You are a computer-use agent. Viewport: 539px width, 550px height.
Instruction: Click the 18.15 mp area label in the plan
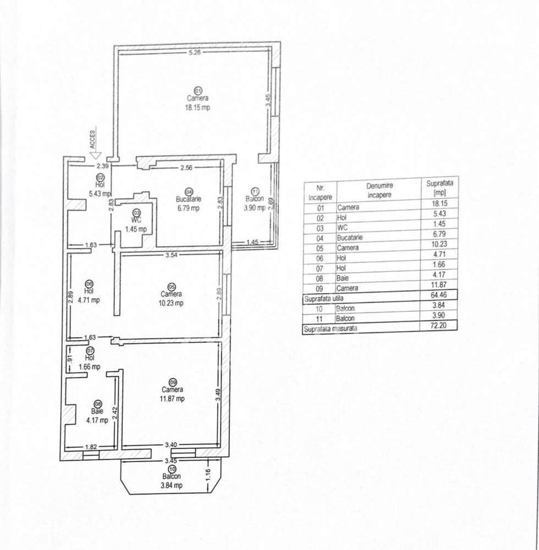(197, 108)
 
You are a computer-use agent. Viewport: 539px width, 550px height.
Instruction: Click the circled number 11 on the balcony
(254, 190)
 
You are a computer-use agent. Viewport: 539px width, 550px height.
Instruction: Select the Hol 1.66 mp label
(89, 362)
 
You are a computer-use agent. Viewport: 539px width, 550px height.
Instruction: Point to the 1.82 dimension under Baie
(91, 447)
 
